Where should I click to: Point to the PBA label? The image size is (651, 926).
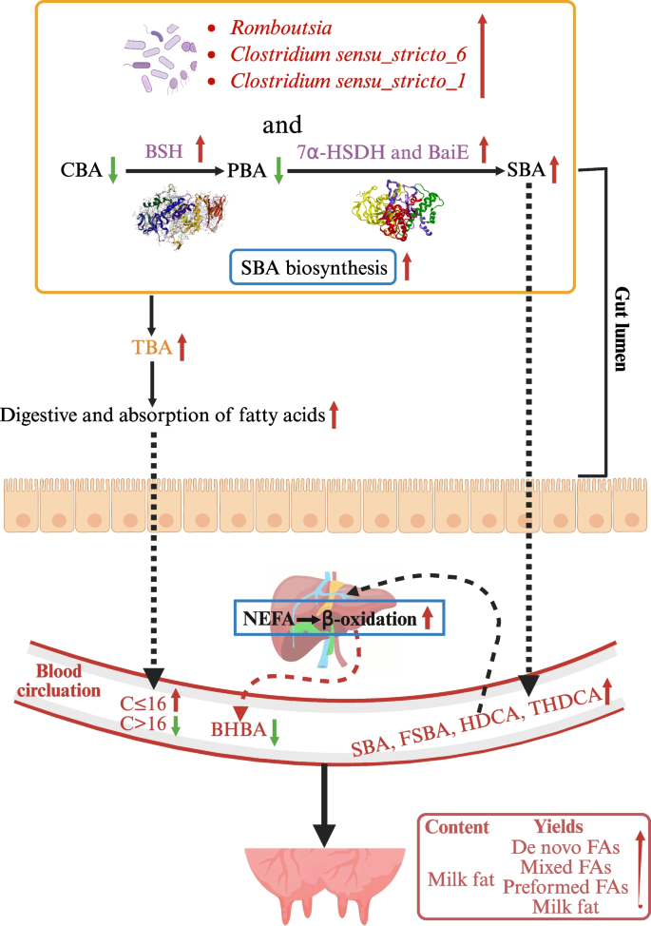[248, 172]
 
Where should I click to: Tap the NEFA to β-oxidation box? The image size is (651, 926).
[325, 618]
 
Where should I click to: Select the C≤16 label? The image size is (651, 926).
[143, 704]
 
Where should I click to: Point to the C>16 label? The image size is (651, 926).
[143, 724]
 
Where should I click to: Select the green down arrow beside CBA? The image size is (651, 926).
[112, 172]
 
